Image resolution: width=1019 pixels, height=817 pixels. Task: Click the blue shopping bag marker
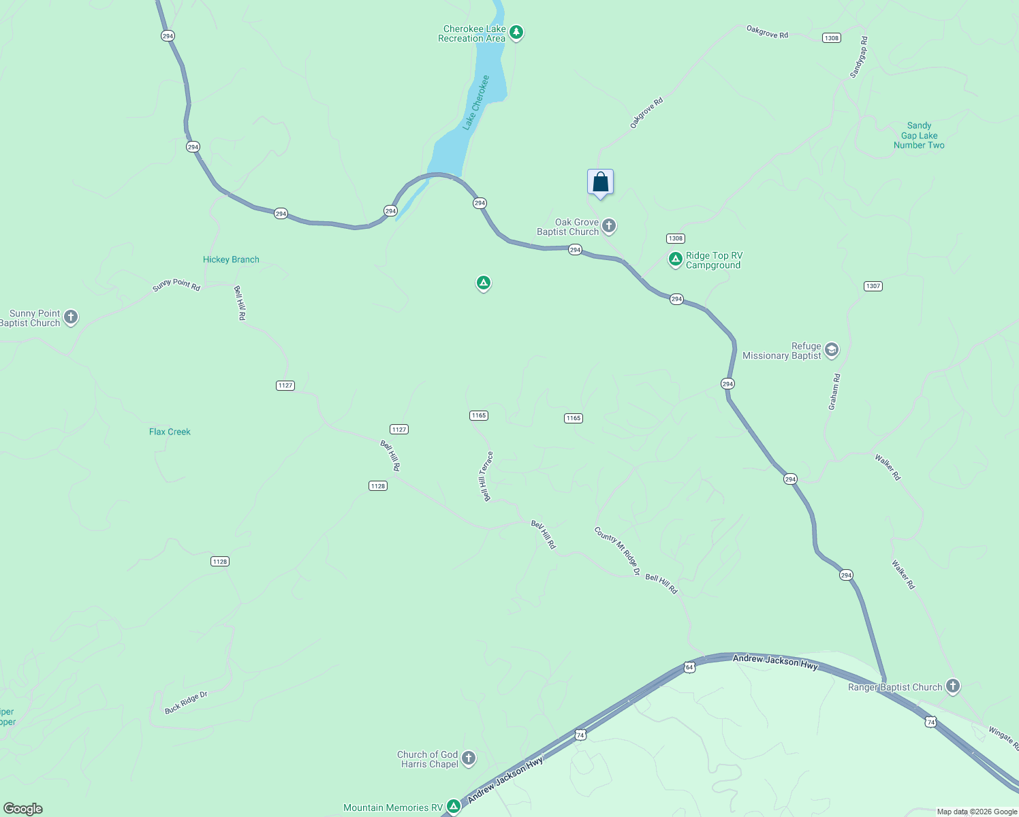[x=600, y=182]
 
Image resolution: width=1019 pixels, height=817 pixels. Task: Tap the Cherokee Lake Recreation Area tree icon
[x=516, y=32]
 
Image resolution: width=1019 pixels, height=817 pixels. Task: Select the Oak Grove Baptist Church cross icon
[x=609, y=225]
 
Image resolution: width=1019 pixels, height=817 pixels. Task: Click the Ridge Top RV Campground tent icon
[x=675, y=259]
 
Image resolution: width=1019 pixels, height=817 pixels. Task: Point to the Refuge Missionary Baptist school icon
[x=831, y=350]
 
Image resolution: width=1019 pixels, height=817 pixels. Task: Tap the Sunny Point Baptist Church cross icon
[x=71, y=317]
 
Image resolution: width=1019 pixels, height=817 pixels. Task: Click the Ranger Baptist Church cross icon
[x=953, y=686]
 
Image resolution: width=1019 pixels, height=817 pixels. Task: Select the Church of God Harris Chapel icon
[x=468, y=758]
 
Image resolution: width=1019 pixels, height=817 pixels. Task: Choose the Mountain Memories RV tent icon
[x=453, y=807]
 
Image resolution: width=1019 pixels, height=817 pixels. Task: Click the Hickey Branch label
[x=231, y=259]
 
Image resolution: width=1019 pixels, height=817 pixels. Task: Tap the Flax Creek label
[x=170, y=432]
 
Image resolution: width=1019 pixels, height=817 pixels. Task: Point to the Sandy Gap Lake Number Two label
[x=919, y=135]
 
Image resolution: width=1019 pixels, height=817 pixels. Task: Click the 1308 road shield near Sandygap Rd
[x=831, y=38]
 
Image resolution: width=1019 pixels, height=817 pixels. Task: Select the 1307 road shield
[x=873, y=286]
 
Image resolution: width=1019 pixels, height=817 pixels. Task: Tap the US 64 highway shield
[x=689, y=667]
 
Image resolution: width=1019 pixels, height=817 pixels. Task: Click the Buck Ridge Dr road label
[x=186, y=703]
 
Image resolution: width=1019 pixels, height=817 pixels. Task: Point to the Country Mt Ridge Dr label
[x=617, y=551]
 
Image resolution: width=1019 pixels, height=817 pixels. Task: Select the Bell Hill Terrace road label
[x=486, y=476]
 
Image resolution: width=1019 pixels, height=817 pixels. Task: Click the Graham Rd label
[x=834, y=391]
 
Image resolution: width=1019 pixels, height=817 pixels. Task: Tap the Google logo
[x=23, y=809]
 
